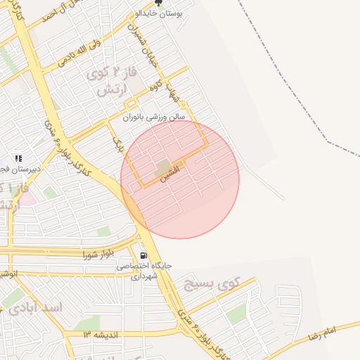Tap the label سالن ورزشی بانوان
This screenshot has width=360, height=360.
click(153, 117)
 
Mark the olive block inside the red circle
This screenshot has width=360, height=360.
click(164, 167)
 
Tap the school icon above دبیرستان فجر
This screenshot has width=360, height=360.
click(18, 158)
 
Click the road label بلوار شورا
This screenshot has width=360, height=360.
click(98, 254)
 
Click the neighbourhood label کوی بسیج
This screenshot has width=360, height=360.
click(212, 284)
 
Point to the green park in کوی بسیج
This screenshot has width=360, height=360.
click(237, 314)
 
